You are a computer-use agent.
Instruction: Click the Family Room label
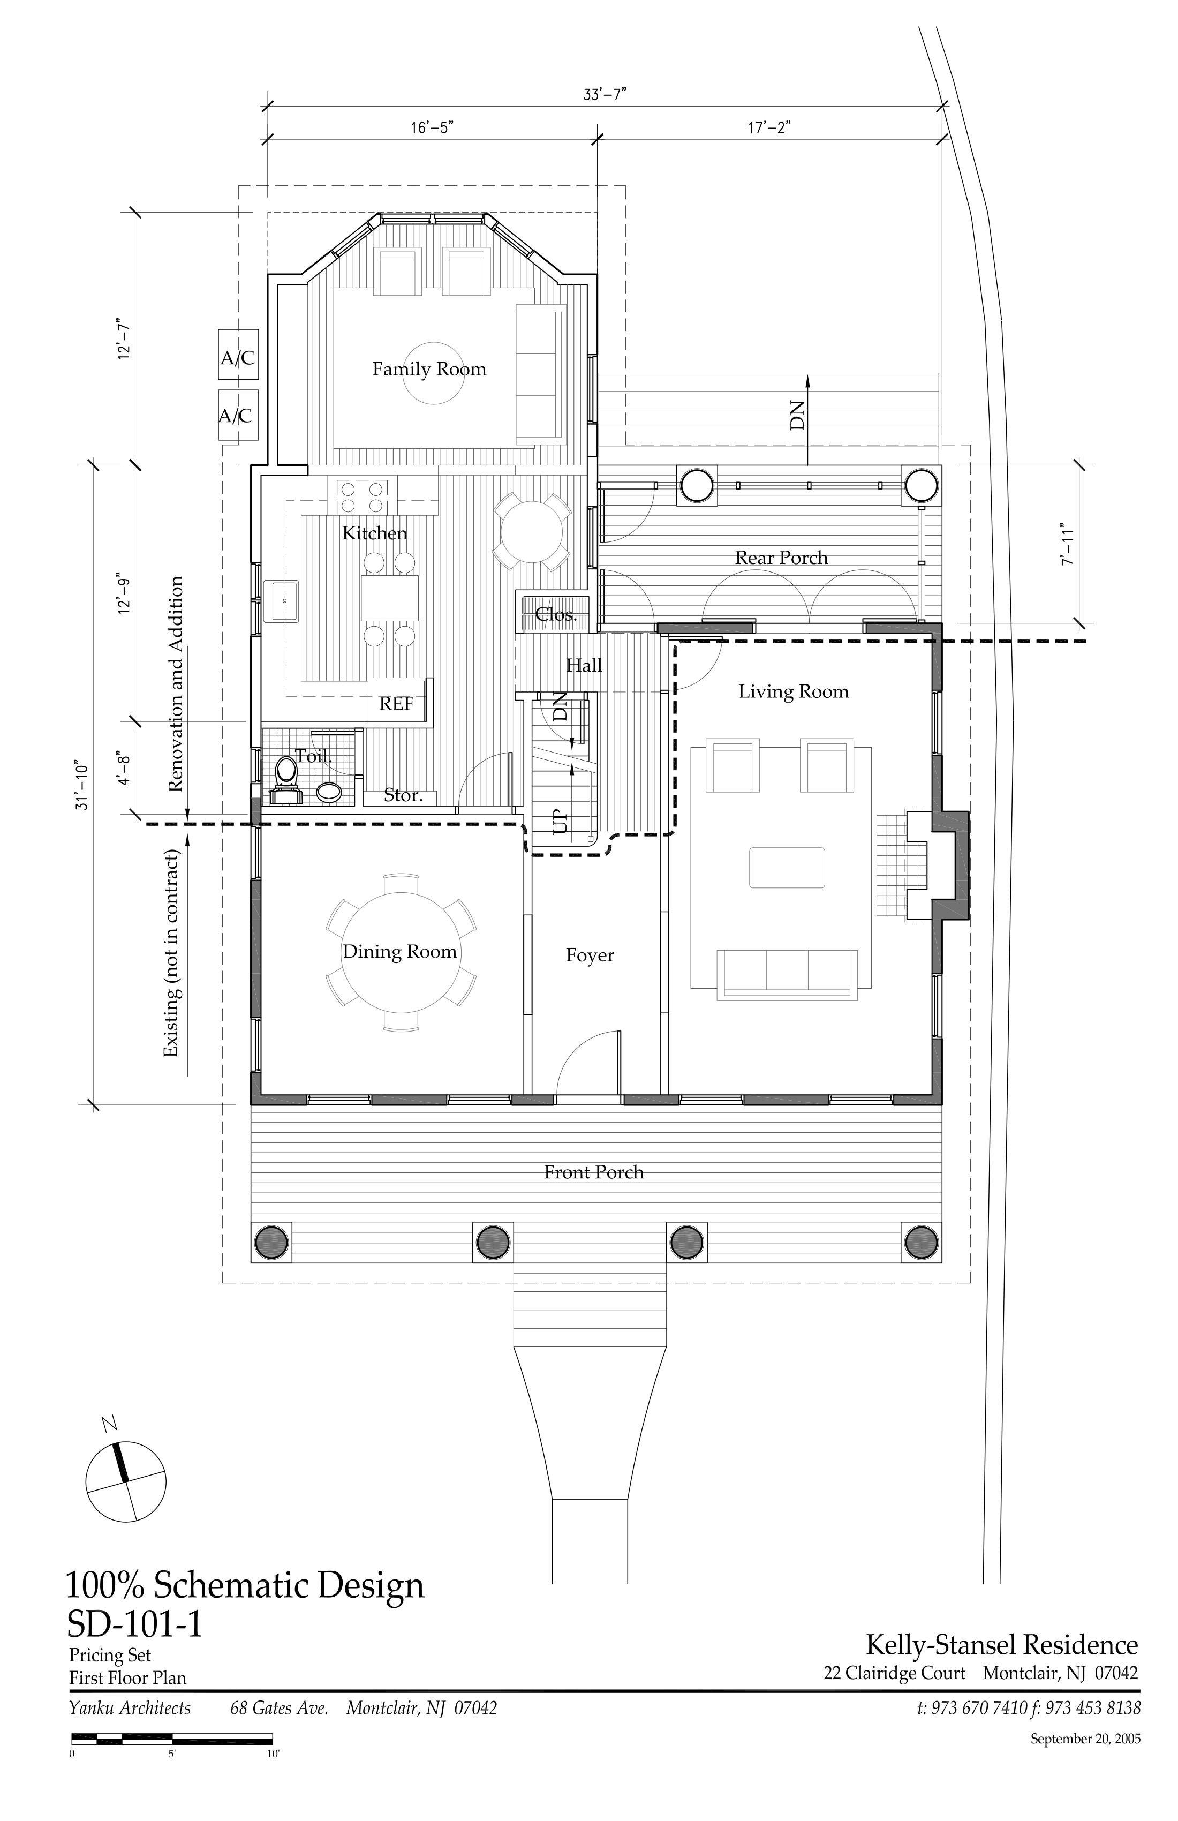tap(429, 370)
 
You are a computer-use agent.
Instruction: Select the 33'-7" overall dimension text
tap(605, 95)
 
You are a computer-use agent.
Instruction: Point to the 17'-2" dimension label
tap(769, 127)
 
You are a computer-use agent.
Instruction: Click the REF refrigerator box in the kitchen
tap(396, 702)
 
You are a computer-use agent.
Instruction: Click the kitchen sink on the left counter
tap(282, 600)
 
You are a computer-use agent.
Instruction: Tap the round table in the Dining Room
tap(400, 952)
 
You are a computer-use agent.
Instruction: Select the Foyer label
tap(590, 955)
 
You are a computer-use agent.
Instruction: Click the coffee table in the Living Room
tap(787, 867)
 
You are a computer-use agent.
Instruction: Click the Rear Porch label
tap(781, 558)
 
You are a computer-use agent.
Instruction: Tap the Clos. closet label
tap(555, 614)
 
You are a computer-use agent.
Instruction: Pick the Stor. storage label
tap(402, 796)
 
